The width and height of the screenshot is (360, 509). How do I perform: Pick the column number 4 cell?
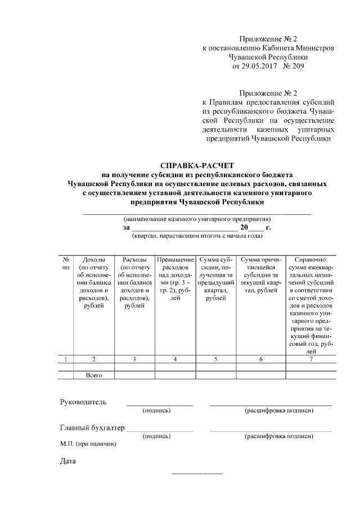(x=175, y=359)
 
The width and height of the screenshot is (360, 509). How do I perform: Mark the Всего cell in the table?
(x=93, y=375)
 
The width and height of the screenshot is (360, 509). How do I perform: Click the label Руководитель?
(x=83, y=402)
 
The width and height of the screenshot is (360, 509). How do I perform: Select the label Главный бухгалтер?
(x=92, y=428)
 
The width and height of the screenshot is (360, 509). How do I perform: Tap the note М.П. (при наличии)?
(x=88, y=444)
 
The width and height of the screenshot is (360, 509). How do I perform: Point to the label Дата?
(x=68, y=462)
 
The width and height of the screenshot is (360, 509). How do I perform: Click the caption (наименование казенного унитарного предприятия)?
(x=197, y=218)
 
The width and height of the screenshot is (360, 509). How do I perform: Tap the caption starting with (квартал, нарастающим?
(x=197, y=236)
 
